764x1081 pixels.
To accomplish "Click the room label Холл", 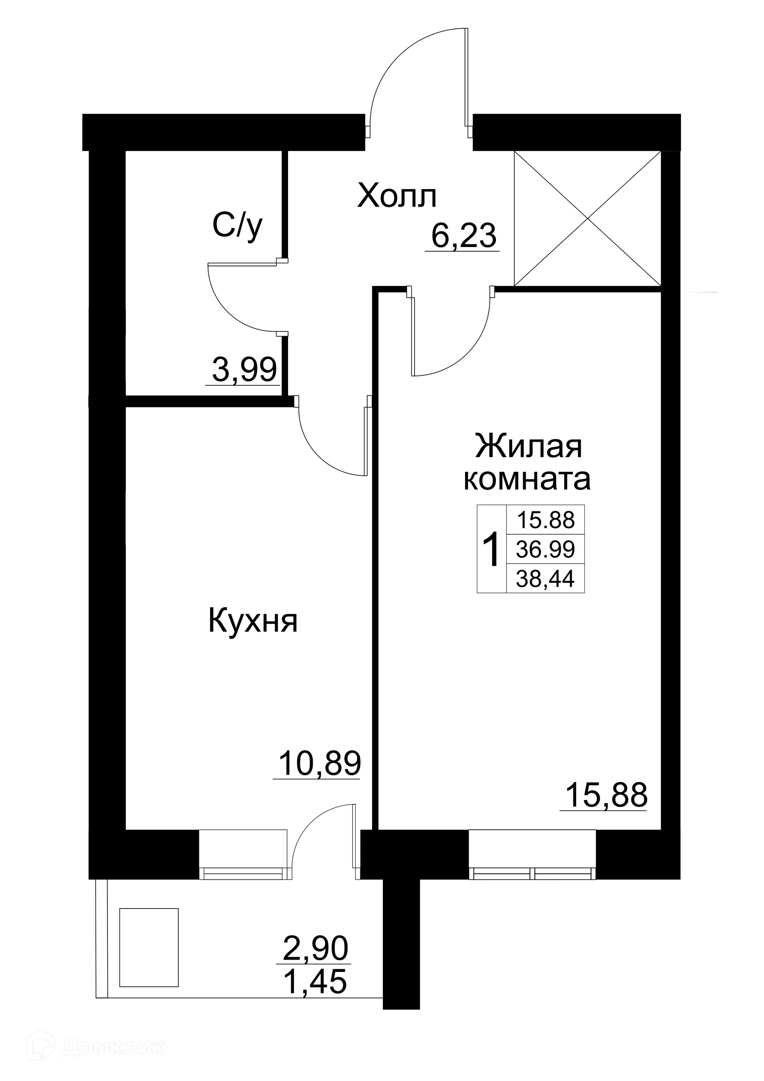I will (x=397, y=197).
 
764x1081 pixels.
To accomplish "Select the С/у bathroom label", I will (x=238, y=227).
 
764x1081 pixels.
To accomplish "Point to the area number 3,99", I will (x=244, y=370).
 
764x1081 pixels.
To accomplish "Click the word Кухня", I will (x=253, y=621).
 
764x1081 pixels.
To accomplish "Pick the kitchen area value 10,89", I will (x=320, y=763).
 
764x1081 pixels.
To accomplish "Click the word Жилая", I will (x=528, y=447).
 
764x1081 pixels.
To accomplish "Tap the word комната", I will (x=527, y=480).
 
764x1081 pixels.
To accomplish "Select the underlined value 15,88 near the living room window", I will (x=606, y=795).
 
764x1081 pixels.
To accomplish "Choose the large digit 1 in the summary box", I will (x=491, y=549).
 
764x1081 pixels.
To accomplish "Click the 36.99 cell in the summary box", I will (x=545, y=549).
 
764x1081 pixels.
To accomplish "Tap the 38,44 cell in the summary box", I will (x=545, y=578).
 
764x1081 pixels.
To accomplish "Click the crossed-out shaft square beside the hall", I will (x=588, y=219).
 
